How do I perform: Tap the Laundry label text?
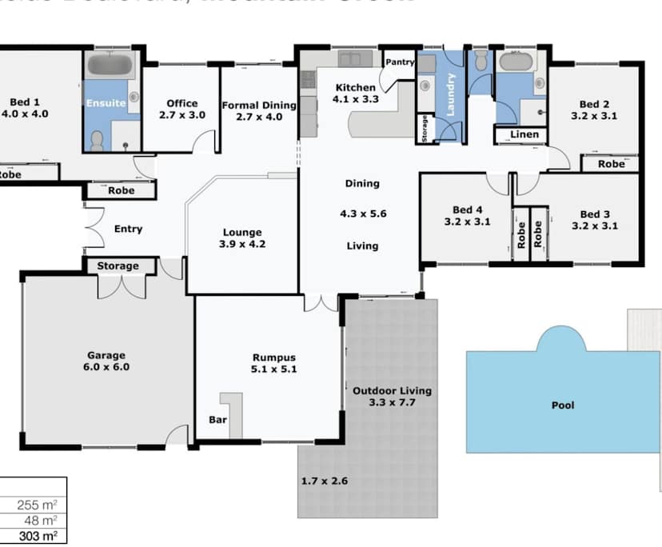(450, 95)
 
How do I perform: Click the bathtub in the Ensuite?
(111, 65)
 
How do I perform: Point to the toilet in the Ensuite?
(98, 140)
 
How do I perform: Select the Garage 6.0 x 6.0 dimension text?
(107, 368)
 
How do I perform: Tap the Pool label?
(563, 405)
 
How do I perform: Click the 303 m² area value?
(40, 536)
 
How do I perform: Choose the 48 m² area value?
(44, 520)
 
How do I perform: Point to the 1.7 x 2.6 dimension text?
(324, 481)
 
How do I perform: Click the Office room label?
(181, 103)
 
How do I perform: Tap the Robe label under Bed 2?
(612, 164)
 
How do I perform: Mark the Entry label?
(128, 229)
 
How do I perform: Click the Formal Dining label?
(259, 105)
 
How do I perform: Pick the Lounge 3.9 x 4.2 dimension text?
(243, 246)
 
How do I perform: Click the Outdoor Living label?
(392, 390)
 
